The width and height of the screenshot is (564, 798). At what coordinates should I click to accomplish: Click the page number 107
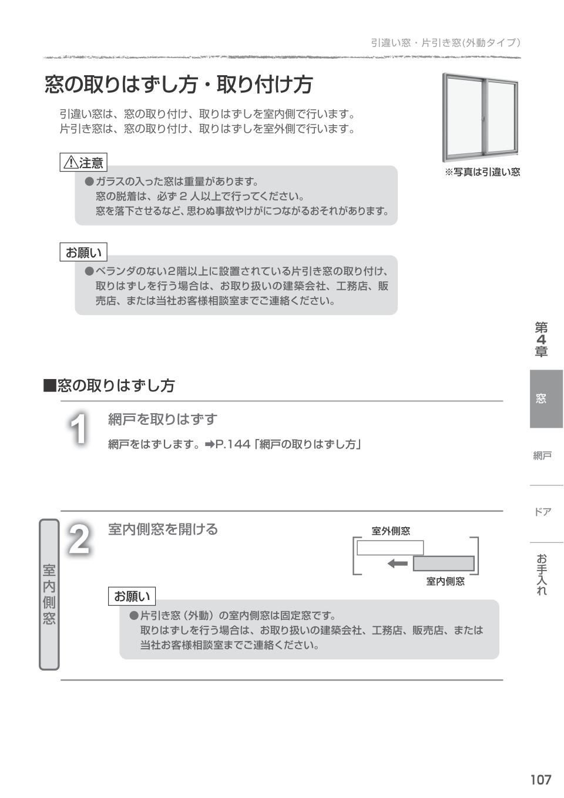coord(540,779)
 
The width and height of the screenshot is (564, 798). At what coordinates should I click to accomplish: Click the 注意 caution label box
coord(83,162)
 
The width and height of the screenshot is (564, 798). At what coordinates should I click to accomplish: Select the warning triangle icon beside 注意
coord(70,162)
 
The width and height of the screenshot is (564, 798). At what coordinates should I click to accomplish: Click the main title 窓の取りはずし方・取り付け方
coord(179,85)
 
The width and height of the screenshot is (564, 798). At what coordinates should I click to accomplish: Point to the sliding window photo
coord(480,118)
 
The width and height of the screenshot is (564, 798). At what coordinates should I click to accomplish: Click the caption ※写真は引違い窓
coord(482,172)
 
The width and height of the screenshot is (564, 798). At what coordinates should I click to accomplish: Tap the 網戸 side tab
coord(542,455)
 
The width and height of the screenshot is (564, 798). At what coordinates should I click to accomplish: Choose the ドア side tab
coord(542,512)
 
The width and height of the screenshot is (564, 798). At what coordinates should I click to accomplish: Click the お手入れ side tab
coord(542,574)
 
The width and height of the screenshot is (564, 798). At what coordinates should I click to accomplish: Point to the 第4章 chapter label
coord(541,339)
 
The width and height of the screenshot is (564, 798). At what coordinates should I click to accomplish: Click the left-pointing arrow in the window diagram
coord(398,564)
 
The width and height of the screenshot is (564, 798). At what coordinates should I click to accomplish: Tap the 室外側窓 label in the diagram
coord(391,531)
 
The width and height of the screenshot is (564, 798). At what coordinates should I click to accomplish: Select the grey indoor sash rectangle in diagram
coord(444,564)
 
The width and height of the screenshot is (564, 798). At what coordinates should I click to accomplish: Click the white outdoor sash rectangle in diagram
coord(390,548)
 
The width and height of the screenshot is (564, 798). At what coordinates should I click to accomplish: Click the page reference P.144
coord(234,444)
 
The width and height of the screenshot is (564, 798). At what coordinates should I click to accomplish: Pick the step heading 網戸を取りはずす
coord(163,419)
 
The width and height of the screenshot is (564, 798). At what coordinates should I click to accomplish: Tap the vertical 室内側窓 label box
coord(49,594)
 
